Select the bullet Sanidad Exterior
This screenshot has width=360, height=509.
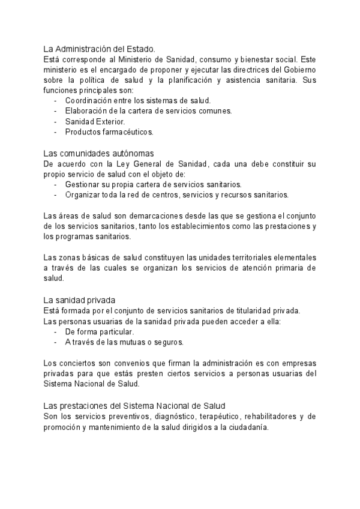[95, 121]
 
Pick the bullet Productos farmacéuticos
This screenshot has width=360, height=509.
[109, 131]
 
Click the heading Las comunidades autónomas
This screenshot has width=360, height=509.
[99, 153]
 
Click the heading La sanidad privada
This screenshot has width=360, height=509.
[80, 300]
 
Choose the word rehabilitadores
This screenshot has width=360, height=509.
[269, 415]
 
